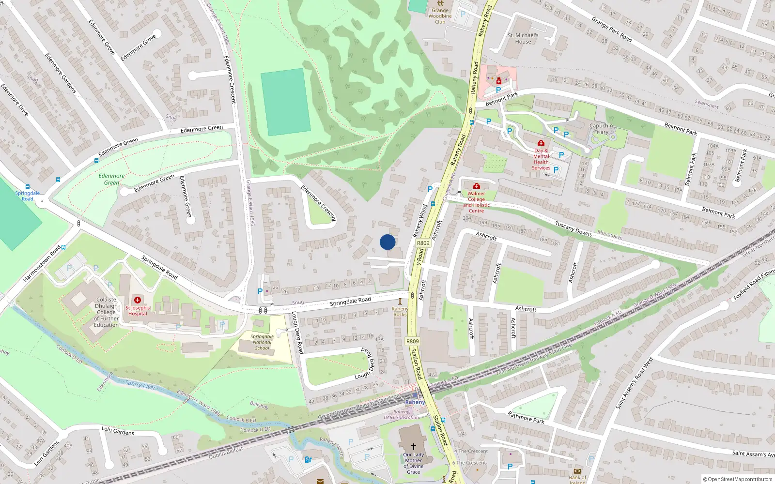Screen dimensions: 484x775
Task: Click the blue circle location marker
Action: (x=387, y=242)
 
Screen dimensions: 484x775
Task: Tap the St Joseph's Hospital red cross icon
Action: (x=138, y=300)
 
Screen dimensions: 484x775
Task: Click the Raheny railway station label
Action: (x=415, y=402)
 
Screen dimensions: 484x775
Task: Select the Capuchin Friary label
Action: (x=601, y=129)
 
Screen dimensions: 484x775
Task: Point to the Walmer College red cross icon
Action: (x=476, y=186)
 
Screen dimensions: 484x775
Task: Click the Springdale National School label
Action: (x=262, y=342)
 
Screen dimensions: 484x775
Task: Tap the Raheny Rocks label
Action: (x=400, y=312)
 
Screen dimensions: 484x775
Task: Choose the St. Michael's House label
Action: (x=523, y=38)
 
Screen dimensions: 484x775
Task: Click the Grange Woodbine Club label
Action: (x=440, y=16)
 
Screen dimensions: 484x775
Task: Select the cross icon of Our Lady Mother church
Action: (x=414, y=446)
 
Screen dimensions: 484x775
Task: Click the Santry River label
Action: (x=140, y=384)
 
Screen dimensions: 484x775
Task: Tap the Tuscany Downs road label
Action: (x=573, y=228)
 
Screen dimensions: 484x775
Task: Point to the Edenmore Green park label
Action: (x=111, y=179)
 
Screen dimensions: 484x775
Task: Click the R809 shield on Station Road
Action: (x=412, y=341)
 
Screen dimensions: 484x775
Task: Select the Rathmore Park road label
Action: (x=526, y=417)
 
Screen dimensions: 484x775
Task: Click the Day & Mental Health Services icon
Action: (x=541, y=143)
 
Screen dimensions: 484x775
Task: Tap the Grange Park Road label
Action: (x=612, y=30)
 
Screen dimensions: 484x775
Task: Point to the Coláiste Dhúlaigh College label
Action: (x=106, y=312)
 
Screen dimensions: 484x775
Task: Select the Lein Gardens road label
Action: (x=118, y=430)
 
